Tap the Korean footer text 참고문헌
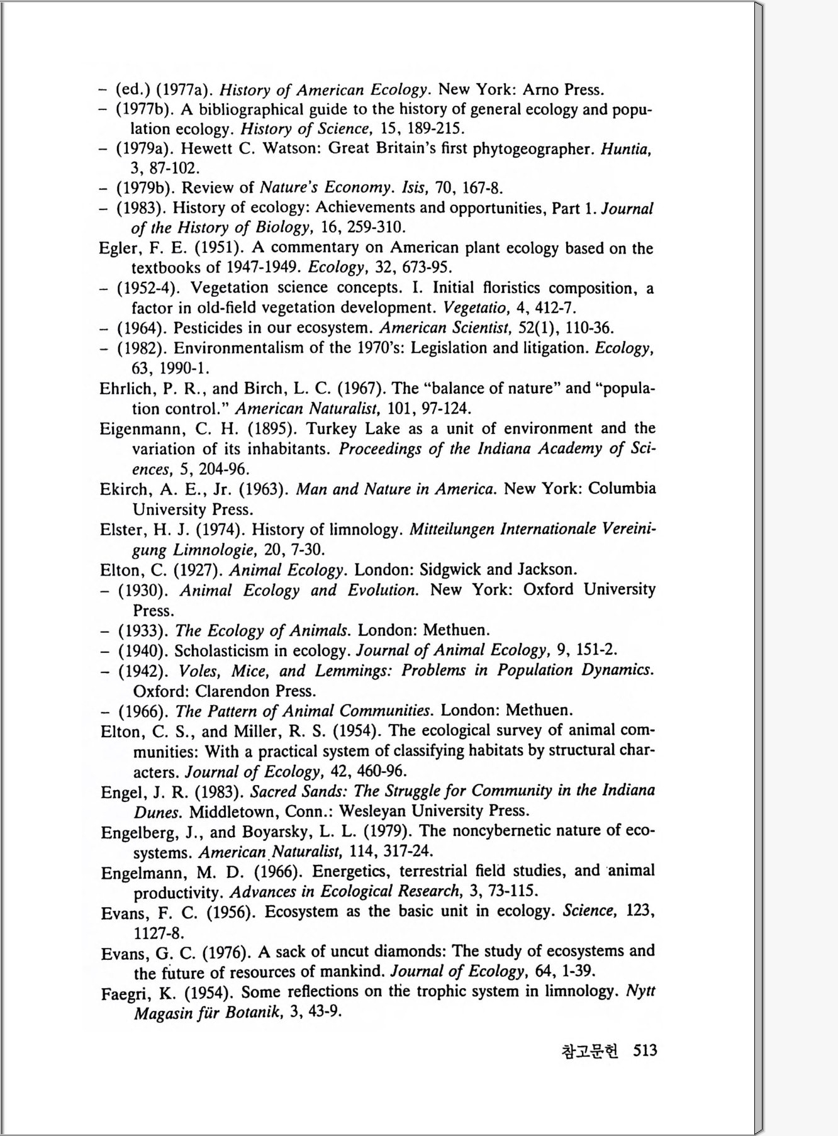click(x=589, y=1050)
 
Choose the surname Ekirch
click(x=123, y=489)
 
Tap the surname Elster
click(x=121, y=530)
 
